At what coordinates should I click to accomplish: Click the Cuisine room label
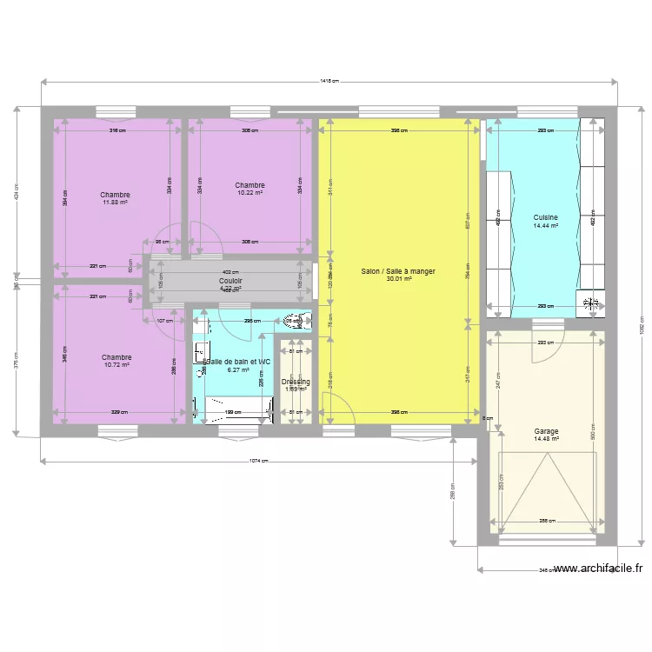pyautogui.click(x=546, y=217)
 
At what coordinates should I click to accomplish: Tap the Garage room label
pyautogui.click(x=547, y=431)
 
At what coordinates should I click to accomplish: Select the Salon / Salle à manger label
pyautogui.click(x=398, y=271)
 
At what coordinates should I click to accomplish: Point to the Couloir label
pyautogui.click(x=230, y=281)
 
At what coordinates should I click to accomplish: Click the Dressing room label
pyautogui.click(x=296, y=382)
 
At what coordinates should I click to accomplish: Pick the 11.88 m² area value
pyautogui.click(x=116, y=203)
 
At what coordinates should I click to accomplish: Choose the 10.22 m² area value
pyautogui.click(x=249, y=193)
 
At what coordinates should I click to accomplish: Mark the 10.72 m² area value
pyautogui.click(x=116, y=365)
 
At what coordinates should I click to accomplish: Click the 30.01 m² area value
pyautogui.click(x=398, y=279)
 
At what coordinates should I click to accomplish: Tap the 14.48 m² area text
pyautogui.click(x=547, y=439)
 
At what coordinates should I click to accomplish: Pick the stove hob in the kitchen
pyautogui.click(x=593, y=303)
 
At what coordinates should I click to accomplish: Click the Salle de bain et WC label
pyautogui.click(x=238, y=361)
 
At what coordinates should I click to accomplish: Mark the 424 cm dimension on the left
pyautogui.click(x=17, y=195)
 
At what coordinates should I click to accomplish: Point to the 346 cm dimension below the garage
pyautogui.click(x=546, y=570)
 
